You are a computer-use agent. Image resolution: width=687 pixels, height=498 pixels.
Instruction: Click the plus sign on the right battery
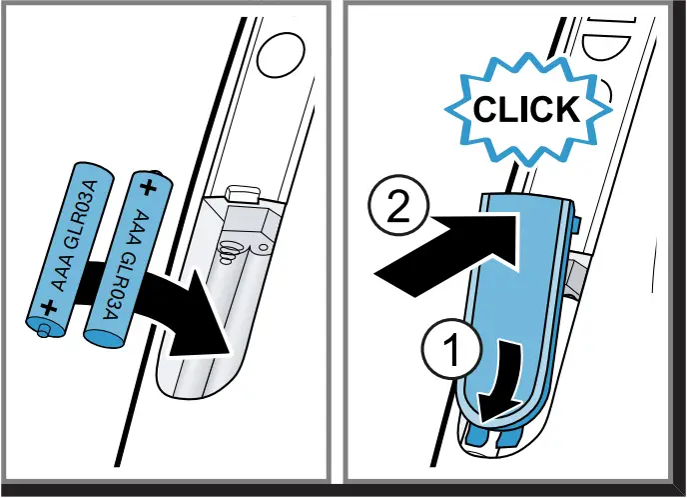point(149,187)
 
